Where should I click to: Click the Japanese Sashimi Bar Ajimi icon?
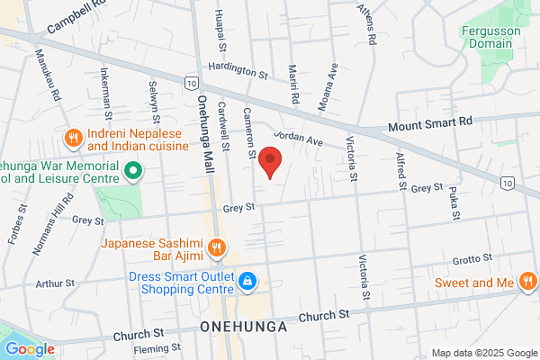point(216,247)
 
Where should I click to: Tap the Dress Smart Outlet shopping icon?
point(246,283)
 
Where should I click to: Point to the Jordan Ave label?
point(299,139)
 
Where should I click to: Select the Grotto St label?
point(473,259)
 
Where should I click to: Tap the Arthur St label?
point(53,283)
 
